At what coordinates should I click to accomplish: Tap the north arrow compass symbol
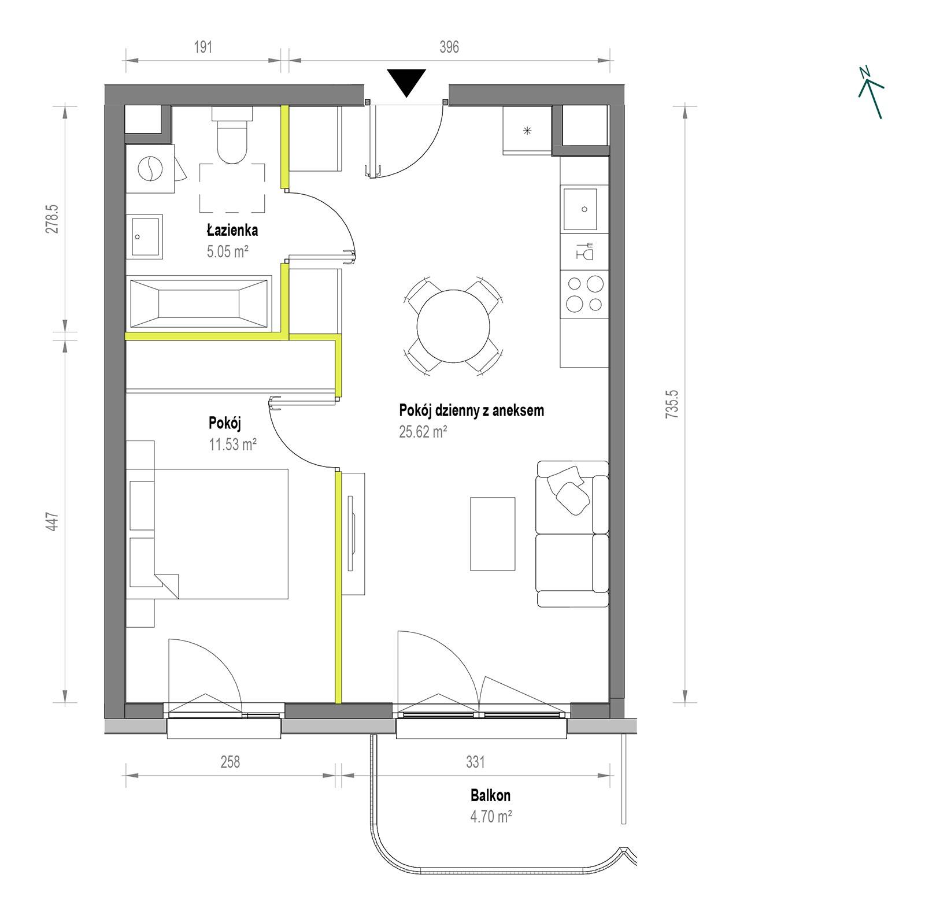pyautogui.click(x=871, y=93)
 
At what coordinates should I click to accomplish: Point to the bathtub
pyautogui.click(x=198, y=303)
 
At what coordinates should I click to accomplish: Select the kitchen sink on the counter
pyautogui.click(x=584, y=209)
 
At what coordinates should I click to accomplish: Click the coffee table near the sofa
pyautogui.click(x=493, y=534)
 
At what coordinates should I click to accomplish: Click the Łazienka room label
pyautogui.click(x=232, y=230)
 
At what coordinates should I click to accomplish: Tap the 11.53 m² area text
pyautogui.click(x=232, y=445)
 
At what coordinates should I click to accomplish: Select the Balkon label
pyautogui.click(x=490, y=795)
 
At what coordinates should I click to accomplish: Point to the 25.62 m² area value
pyautogui.click(x=423, y=432)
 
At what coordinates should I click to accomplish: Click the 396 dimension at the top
pyautogui.click(x=449, y=47)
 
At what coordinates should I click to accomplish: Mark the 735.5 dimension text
pyautogui.click(x=673, y=404)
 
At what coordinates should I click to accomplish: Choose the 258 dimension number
pyautogui.click(x=230, y=762)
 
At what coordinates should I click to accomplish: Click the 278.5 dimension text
pyautogui.click(x=53, y=217)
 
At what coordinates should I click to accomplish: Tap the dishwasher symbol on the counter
pyautogui.click(x=584, y=252)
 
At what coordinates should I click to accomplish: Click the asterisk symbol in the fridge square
pyautogui.click(x=527, y=131)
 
